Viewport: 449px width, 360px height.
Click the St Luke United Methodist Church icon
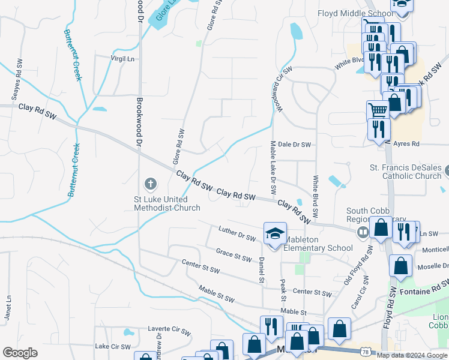coord(150,182)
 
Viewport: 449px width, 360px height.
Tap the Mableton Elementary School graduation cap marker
coord(275,233)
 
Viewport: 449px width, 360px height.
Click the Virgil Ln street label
coord(122,59)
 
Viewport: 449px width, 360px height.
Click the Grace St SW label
coord(234,255)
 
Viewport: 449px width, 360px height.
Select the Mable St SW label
coord(217,295)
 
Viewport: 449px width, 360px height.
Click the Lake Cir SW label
coord(113,347)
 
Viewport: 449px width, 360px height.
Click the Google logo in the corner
coord(20,353)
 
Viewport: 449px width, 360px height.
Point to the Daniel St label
coord(262,270)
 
